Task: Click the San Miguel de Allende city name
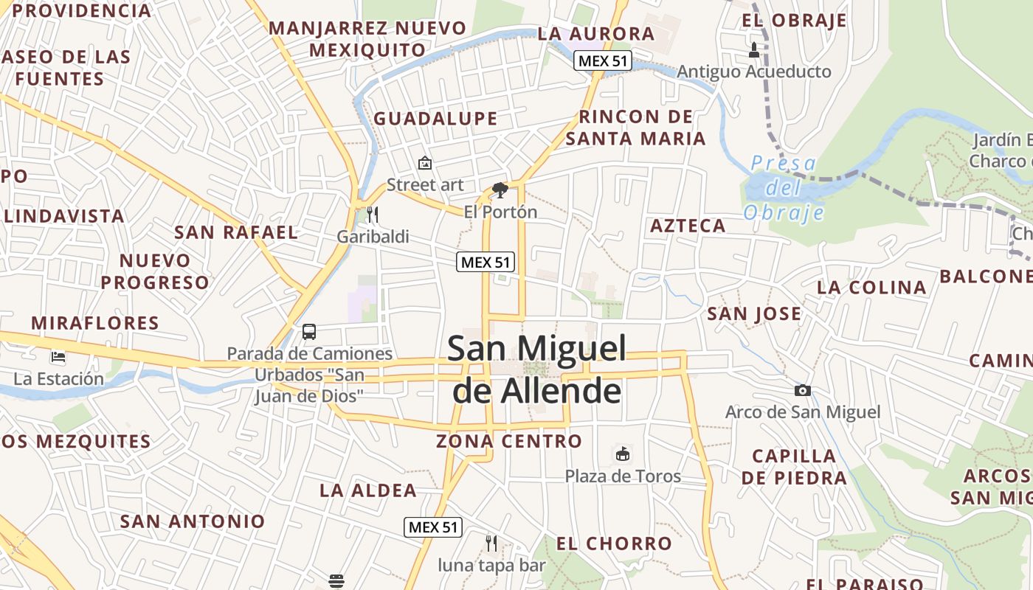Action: [537, 369]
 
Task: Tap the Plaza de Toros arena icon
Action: [623, 454]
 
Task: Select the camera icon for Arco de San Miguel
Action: [803, 390]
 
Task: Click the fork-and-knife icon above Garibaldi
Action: [373, 215]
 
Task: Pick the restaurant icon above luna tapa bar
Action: [491, 544]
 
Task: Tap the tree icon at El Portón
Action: [500, 190]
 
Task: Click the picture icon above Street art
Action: [425, 163]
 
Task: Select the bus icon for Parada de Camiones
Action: [309, 332]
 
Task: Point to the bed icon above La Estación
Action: [58, 358]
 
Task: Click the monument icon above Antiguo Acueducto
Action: [753, 50]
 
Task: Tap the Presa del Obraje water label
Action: [783, 188]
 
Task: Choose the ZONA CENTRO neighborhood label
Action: [509, 442]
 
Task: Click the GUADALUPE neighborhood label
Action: [435, 119]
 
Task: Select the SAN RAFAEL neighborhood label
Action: [236, 232]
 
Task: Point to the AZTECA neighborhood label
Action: [688, 226]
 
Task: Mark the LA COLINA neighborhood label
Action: [871, 288]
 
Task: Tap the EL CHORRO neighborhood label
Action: [614, 544]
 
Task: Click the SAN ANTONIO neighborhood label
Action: [193, 521]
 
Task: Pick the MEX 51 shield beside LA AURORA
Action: [603, 61]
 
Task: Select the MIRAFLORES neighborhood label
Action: [95, 323]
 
